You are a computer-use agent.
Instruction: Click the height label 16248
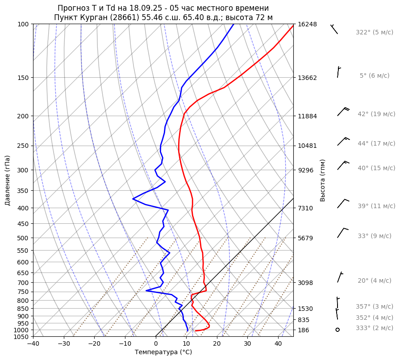pos(307,24)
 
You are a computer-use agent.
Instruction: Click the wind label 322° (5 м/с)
pos(375,33)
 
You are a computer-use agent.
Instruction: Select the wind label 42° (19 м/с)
pos(376,114)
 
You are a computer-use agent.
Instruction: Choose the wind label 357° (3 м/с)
pos(375,307)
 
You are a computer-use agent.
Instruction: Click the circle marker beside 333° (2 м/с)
pos(337,330)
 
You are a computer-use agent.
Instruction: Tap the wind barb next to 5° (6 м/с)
pos(338,72)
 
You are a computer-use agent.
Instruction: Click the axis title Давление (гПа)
pos(8,180)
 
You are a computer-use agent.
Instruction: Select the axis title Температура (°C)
pos(163,352)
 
